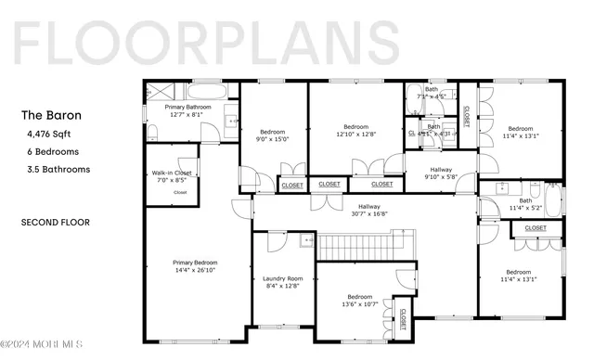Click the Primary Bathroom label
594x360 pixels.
pyautogui.click(x=188, y=108)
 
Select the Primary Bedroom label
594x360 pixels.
pyautogui.click(x=194, y=263)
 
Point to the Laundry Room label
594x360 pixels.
pyautogui.click(x=283, y=279)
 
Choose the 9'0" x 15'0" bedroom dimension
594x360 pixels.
pyautogui.click(x=274, y=140)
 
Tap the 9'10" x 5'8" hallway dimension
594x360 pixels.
pyautogui.click(x=441, y=177)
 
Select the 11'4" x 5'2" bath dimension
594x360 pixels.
pyautogui.click(x=525, y=208)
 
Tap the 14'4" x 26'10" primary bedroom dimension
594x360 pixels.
pyautogui.click(x=194, y=271)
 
